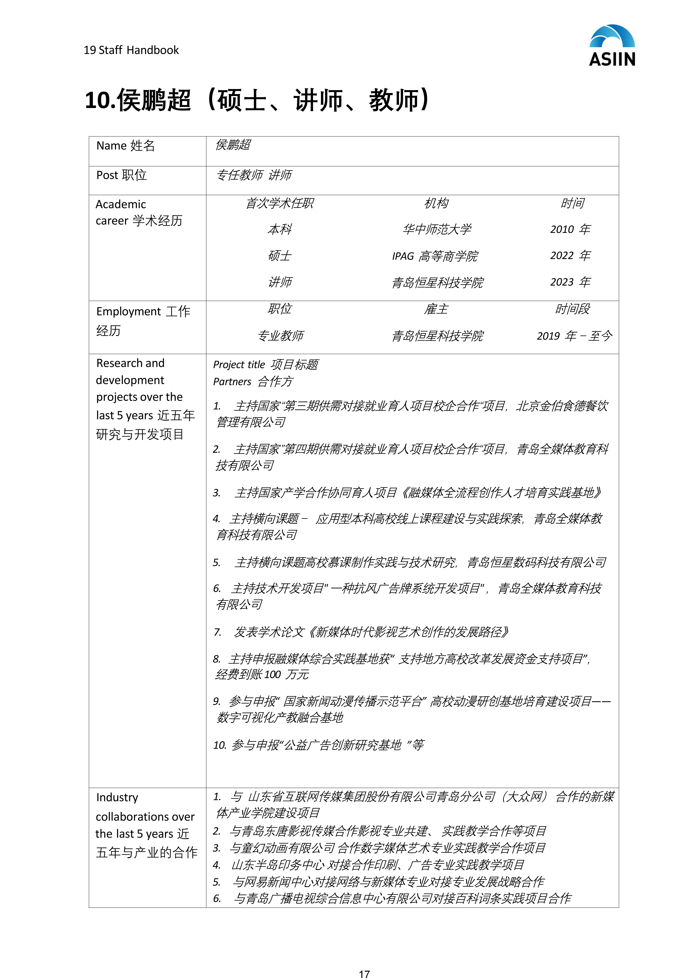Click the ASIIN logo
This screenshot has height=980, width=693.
click(x=612, y=45)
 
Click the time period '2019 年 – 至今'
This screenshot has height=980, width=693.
click(x=574, y=336)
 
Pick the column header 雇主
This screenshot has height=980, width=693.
click(x=436, y=309)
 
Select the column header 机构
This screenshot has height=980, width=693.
click(x=436, y=203)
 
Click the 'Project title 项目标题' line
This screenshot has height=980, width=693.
click(x=265, y=364)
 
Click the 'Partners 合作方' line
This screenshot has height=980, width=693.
click(x=253, y=382)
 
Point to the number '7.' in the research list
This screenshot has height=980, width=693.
click(x=218, y=632)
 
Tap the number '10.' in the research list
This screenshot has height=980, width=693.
click(x=219, y=745)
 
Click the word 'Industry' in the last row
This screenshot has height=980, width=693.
click(x=117, y=797)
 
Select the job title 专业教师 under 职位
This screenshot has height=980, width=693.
click(x=280, y=336)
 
